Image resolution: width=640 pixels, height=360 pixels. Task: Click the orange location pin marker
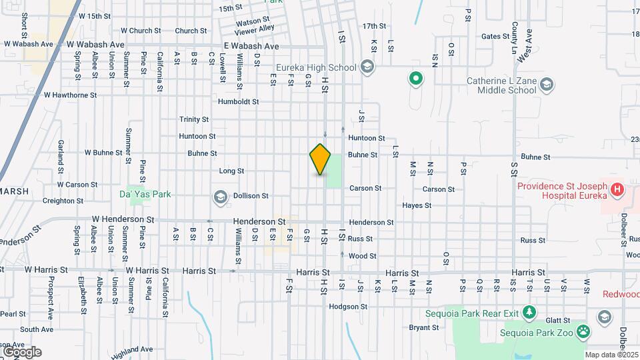pyautogui.click(x=320, y=159)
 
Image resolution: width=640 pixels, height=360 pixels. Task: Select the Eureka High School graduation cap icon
pyautogui.click(x=366, y=67)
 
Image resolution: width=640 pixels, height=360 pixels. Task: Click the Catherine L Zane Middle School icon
pyautogui.click(x=547, y=85)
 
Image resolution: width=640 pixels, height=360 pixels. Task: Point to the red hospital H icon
pyautogui.click(x=617, y=190)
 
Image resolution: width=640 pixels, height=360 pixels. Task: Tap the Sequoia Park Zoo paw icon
pyautogui.click(x=583, y=330)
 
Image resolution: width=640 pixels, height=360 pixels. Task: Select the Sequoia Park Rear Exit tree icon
pyautogui.click(x=529, y=311)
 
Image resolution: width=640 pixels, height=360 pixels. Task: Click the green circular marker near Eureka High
pyautogui.click(x=416, y=79)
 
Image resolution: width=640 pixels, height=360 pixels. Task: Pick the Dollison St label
pyautogui.click(x=251, y=196)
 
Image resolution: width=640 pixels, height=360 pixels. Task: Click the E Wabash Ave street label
pyautogui.click(x=251, y=46)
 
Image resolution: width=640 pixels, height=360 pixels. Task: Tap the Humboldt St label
pyautogui.click(x=238, y=102)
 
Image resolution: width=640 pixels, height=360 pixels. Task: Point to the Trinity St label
pyautogui.click(x=194, y=119)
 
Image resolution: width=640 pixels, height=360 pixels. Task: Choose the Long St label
pyautogui.click(x=231, y=171)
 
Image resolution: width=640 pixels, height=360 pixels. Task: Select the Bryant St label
pyautogui.click(x=424, y=327)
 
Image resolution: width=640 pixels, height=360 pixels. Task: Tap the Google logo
pyautogui.click(x=22, y=351)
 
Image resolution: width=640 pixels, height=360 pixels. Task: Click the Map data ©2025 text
pyautogui.click(x=611, y=355)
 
